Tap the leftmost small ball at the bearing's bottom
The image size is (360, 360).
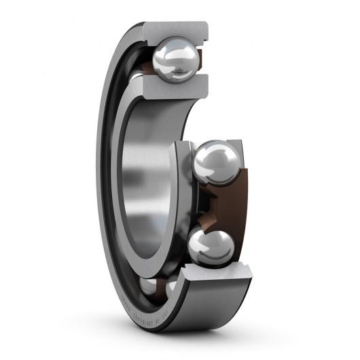point(147,286)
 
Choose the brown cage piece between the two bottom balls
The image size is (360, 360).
point(160,288)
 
